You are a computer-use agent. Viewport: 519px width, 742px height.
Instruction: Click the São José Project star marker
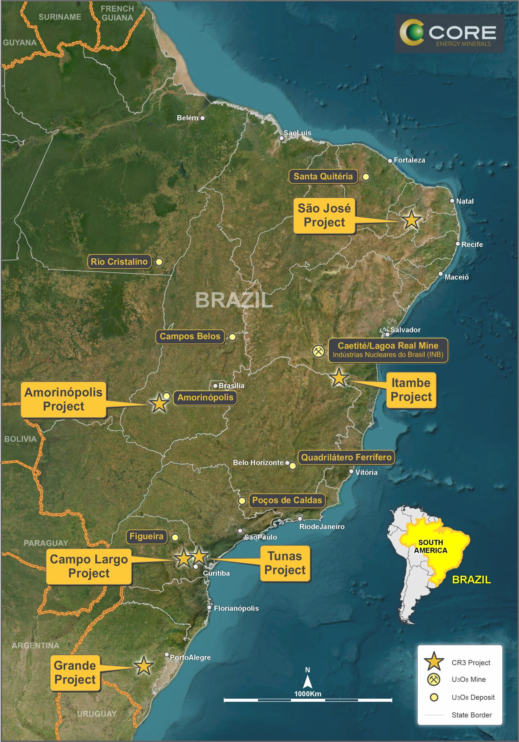click(x=411, y=220)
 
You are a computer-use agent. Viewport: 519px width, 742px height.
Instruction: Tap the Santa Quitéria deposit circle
click(x=366, y=177)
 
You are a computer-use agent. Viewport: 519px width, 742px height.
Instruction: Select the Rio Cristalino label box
click(x=119, y=262)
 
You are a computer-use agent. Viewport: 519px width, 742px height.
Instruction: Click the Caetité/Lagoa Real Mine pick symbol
click(x=318, y=351)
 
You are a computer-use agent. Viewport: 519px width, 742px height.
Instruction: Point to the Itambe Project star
click(x=339, y=378)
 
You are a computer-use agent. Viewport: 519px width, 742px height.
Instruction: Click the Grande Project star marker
click(x=144, y=666)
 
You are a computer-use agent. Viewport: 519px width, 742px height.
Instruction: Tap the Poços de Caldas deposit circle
click(x=242, y=501)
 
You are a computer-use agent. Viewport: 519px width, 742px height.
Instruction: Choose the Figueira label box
click(x=146, y=537)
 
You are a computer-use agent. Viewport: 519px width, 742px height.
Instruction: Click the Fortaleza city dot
click(x=390, y=161)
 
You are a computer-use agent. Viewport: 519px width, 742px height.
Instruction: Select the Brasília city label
click(x=231, y=385)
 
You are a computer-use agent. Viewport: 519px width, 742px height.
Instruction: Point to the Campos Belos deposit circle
click(x=232, y=337)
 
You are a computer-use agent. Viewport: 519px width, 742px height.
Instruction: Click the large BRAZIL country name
click(x=234, y=300)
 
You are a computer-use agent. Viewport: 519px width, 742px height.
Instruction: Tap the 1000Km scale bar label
click(x=307, y=694)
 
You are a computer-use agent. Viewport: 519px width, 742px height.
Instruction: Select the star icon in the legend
click(x=434, y=662)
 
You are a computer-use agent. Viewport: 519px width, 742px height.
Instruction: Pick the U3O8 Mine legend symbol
click(x=434, y=679)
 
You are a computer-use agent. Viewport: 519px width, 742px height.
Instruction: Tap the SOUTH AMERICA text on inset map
click(x=431, y=546)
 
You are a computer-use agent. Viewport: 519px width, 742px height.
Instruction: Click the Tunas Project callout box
click(x=285, y=563)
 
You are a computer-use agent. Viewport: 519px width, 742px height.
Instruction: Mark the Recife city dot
click(x=458, y=244)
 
